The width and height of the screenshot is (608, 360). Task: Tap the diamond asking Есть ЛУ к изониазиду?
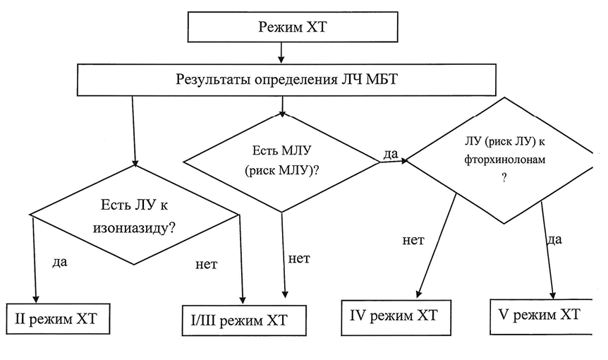(x=134, y=215)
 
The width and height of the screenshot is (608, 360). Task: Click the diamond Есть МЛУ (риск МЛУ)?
(x=282, y=162)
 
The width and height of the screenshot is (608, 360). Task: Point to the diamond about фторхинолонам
(x=505, y=160)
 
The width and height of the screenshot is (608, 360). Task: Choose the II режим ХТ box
(x=59, y=318)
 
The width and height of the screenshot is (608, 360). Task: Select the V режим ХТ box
(x=540, y=314)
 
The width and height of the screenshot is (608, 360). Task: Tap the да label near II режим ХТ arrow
(x=61, y=262)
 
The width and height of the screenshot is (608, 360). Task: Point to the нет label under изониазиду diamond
(x=205, y=265)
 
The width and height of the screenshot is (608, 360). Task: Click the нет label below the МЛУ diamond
(x=300, y=258)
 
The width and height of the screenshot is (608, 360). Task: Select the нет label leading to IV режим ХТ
(x=413, y=240)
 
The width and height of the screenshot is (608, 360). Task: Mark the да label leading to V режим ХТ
(x=554, y=239)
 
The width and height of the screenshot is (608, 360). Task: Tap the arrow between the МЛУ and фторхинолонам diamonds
(x=394, y=162)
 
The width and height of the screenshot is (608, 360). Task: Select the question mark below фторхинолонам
(x=504, y=178)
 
